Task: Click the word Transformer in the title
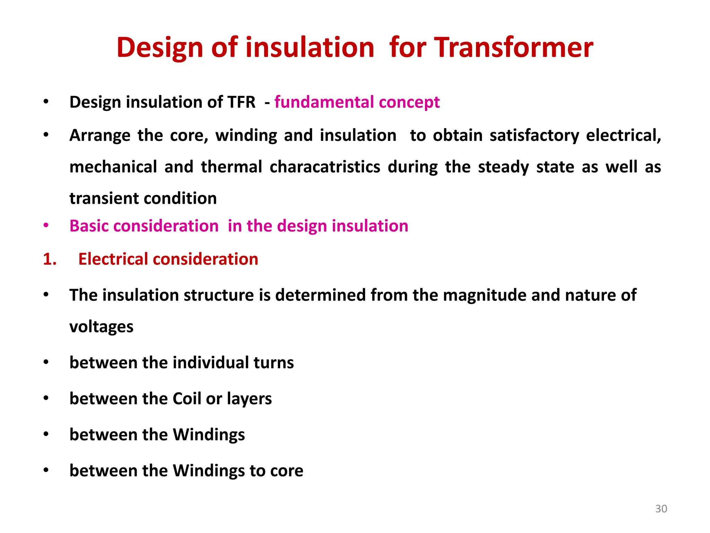click(x=514, y=48)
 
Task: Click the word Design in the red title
click(x=159, y=48)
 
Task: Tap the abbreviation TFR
click(x=241, y=102)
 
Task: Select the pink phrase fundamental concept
click(x=357, y=102)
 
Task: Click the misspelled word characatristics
click(x=325, y=167)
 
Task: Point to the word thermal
click(x=231, y=167)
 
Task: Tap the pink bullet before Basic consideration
click(x=46, y=226)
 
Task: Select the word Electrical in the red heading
click(x=113, y=259)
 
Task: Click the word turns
click(x=274, y=363)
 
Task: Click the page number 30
click(x=661, y=509)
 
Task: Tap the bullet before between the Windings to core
click(x=46, y=471)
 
